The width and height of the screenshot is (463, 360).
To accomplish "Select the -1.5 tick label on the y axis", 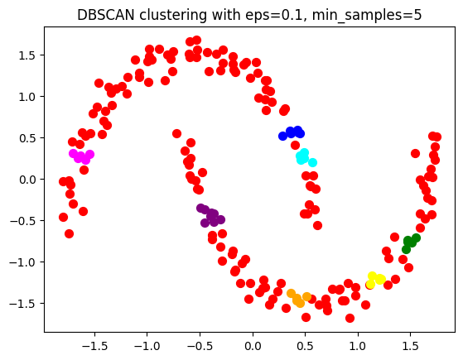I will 26,303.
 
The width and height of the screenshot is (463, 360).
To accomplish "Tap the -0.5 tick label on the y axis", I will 26,220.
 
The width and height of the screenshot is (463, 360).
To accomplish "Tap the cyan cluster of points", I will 304,157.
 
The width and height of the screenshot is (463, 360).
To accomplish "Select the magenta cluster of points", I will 81,156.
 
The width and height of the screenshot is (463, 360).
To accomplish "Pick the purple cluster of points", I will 211,216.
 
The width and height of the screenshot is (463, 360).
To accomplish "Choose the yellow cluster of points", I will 374,280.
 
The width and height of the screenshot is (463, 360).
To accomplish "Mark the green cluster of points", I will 410,242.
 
